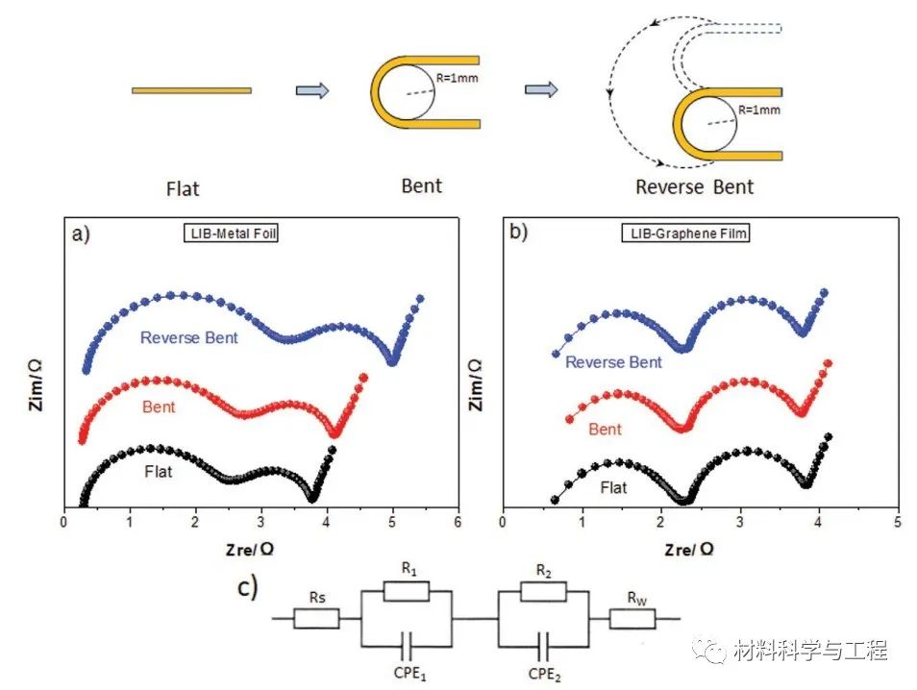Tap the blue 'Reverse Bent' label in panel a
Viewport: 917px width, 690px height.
(188, 338)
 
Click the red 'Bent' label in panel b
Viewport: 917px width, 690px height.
(605, 430)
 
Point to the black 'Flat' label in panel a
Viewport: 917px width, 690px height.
(159, 472)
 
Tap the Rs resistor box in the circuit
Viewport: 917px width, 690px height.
(316, 617)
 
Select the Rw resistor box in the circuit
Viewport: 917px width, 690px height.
(632, 618)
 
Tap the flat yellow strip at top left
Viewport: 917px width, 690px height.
(191, 90)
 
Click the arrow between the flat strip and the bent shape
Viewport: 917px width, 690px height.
(311, 90)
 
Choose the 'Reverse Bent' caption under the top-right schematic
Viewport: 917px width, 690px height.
(694, 186)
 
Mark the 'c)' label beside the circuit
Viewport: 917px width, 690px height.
(248, 586)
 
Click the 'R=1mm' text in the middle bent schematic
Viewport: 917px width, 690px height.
(458, 74)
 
